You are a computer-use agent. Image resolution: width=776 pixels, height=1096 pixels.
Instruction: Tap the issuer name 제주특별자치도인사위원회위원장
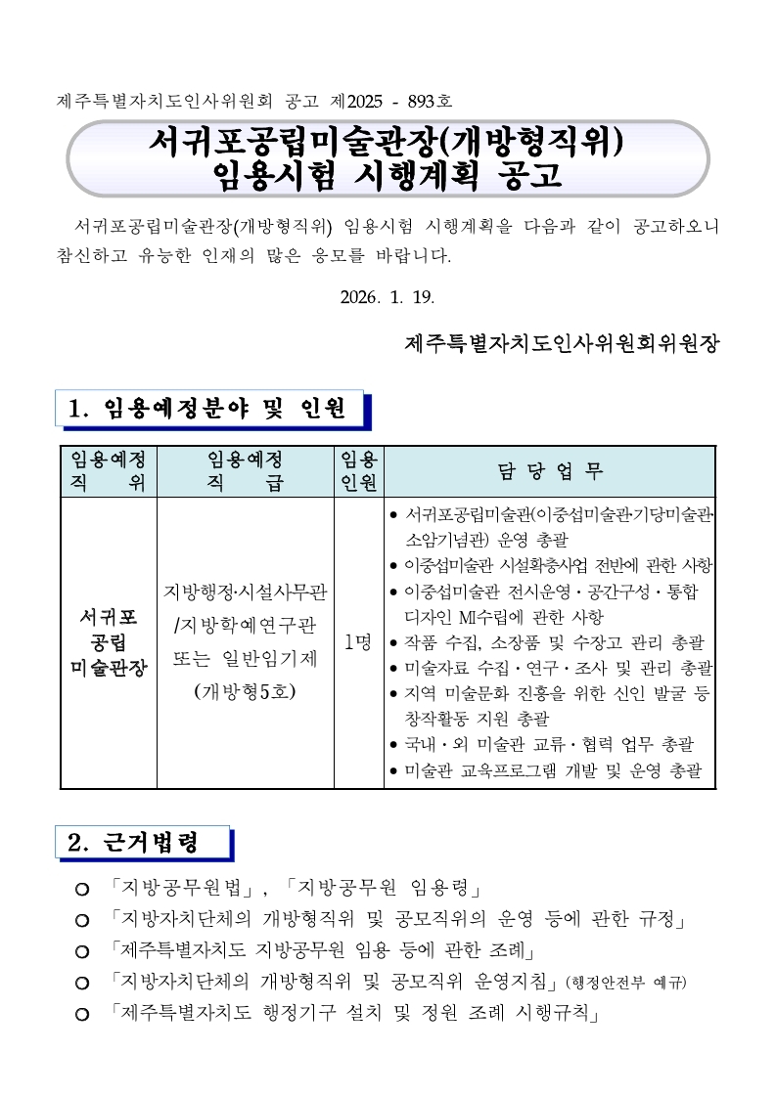[x=561, y=344]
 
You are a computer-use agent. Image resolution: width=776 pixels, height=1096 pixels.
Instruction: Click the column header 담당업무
[x=552, y=471]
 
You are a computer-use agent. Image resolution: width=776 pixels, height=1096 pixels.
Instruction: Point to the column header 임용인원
[x=357, y=471]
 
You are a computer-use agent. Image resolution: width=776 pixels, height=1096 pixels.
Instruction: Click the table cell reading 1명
[x=357, y=642]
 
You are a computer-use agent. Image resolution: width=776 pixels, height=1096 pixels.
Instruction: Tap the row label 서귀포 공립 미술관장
[x=109, y=642]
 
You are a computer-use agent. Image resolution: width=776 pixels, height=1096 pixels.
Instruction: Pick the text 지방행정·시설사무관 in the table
[x=245, y=592]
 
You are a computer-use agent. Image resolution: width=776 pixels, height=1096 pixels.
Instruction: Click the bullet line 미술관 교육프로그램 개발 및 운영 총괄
[x=552, y=770]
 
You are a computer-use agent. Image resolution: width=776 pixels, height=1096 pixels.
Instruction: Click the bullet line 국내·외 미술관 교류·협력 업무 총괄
[x=550, y=745]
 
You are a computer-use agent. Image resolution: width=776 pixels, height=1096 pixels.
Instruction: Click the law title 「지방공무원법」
[x=185, y=889]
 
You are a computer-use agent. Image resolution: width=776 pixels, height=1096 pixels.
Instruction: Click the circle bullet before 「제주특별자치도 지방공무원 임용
[x=82, y=951]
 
